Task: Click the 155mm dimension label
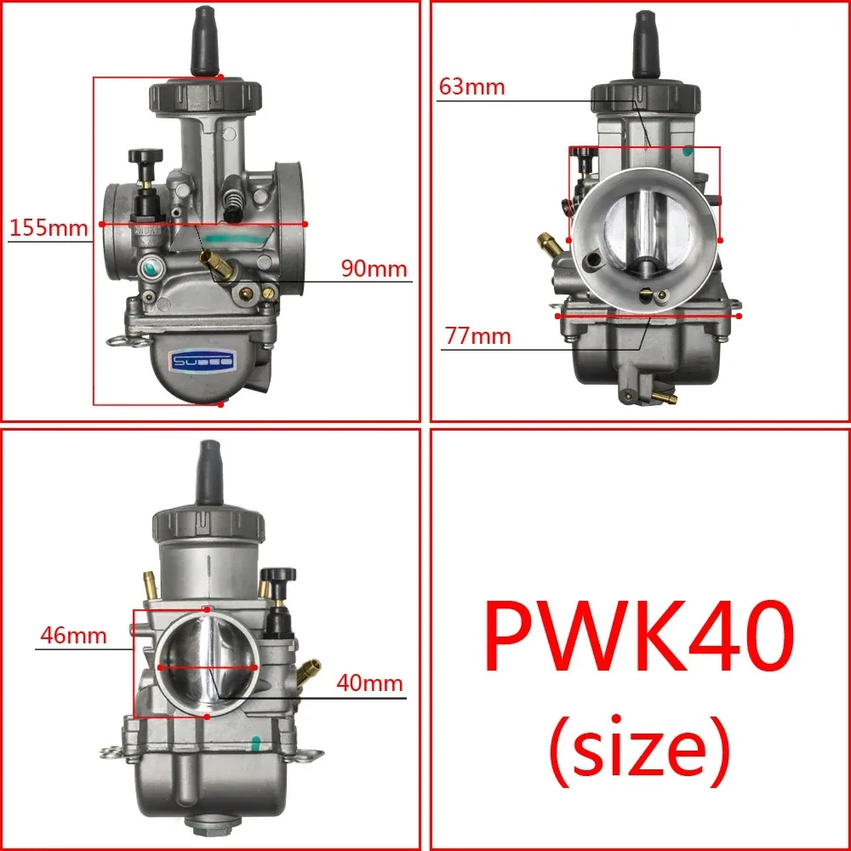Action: click(49, 228)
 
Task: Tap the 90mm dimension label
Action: click(375, 269)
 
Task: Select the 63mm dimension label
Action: click(472, 87)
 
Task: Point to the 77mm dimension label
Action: click(477, 336)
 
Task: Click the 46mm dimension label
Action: click(71, 636)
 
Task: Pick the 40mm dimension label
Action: click(368, 683)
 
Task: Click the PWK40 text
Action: click(638, 634)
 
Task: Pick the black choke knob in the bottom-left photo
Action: click(278, 578)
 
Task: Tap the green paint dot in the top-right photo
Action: click(688, 152)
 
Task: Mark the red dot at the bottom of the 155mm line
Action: click(220, 405)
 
